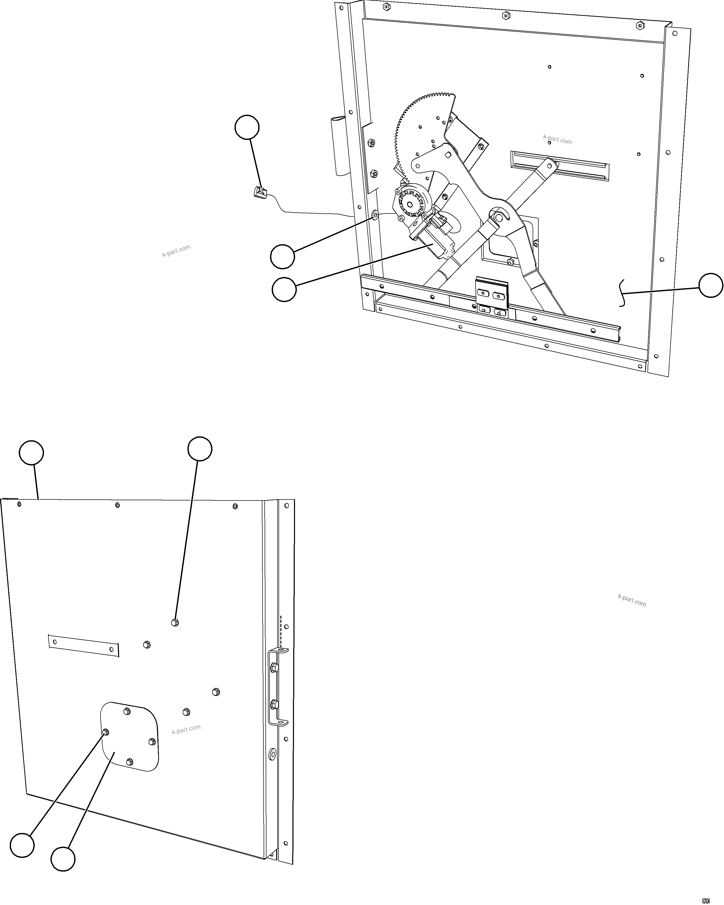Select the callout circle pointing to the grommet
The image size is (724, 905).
coord(282,257)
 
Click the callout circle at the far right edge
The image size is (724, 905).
coord(711,285)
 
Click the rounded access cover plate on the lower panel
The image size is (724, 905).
coord(130,737)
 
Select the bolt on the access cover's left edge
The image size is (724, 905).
coord(105,732)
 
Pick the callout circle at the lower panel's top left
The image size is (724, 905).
coord(31,453)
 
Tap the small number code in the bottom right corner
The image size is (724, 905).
coord(705,898)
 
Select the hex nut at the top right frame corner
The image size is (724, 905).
coord(640,25)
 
